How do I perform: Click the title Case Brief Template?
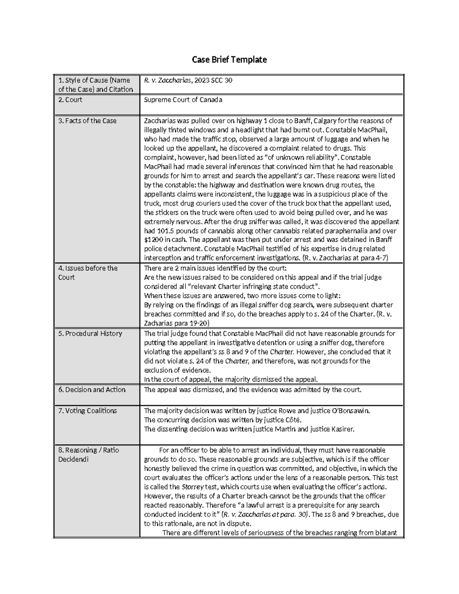229,60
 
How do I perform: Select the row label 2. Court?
70,100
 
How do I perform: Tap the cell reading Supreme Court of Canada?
183,100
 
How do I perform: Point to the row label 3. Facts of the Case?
87,121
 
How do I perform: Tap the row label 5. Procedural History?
90,334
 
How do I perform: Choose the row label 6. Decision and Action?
92,390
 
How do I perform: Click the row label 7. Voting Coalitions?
88,411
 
